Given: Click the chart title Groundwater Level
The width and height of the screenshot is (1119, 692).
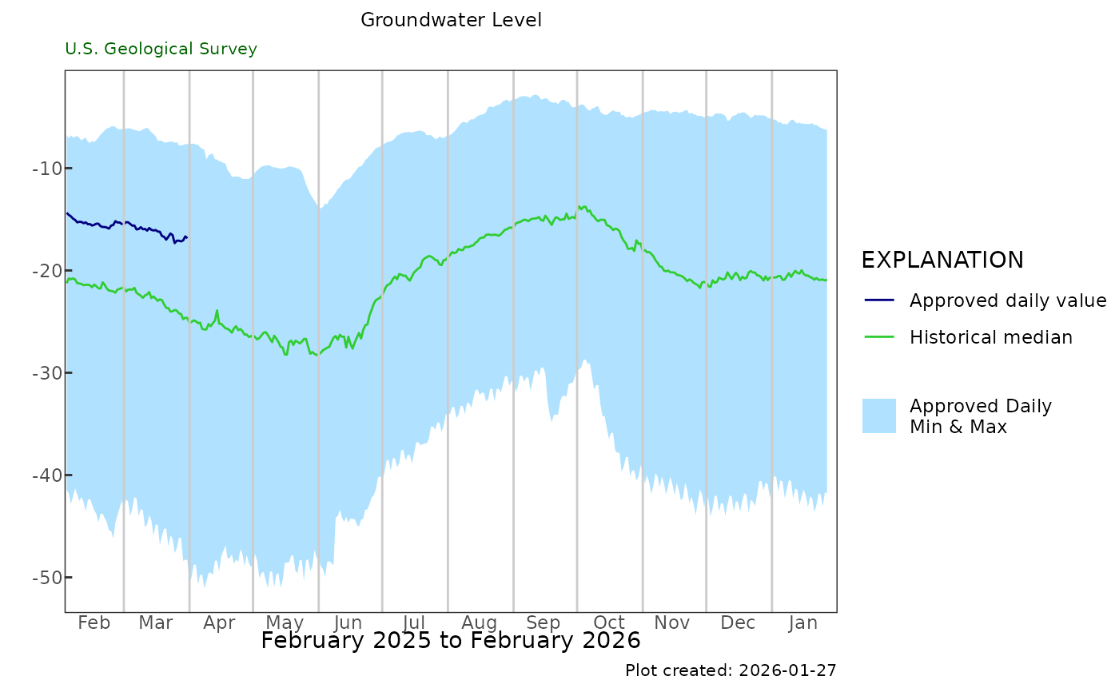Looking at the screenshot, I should click(x=451, y=20).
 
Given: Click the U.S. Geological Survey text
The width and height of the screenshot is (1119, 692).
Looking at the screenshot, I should click(x=161, y=49).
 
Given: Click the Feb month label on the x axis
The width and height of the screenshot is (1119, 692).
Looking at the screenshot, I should click(x=94, y=623).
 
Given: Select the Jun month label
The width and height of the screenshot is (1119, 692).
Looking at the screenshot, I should click(x=348, y=623).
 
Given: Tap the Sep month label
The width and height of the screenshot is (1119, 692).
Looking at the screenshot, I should click(x=544, y=623).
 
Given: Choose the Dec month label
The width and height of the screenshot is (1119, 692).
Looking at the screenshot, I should click(x=738, y=623).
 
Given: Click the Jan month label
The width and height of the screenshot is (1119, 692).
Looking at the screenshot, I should click(x=802, y=623).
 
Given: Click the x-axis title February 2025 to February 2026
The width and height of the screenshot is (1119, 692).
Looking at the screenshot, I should click(x=451, y=641).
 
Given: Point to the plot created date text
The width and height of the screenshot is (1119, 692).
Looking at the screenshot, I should click(x=731, y=670).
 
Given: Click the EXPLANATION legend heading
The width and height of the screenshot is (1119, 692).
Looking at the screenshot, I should click(x=942, y=260).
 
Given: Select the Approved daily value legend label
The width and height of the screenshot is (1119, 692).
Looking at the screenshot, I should click(x=1008, y=300).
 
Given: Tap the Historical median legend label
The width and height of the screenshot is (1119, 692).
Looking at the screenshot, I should click(x=991, y=337).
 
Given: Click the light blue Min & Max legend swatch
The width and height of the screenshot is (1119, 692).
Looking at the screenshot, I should click(x=879, y=416).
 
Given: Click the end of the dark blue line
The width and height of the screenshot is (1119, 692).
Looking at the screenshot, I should click(x=186, y=237).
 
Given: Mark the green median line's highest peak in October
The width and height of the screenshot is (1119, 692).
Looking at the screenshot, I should click(x=580, y=206).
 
